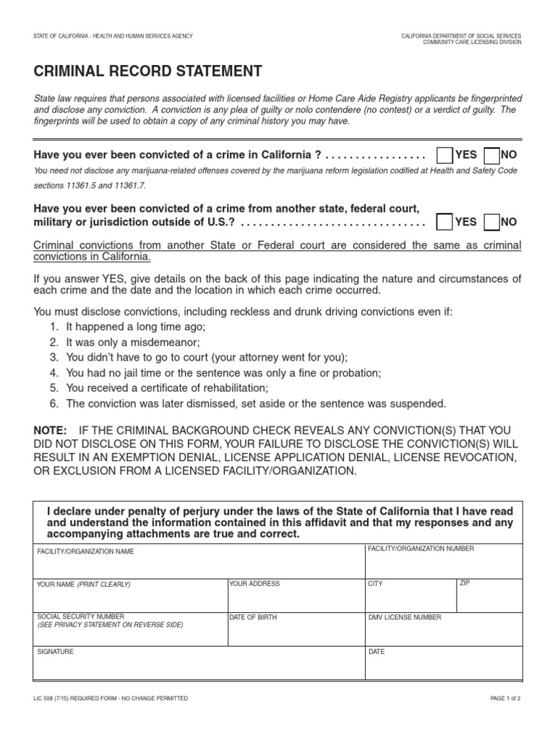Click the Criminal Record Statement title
point(148,71)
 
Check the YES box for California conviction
point(445,155)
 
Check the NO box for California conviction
point(491,155)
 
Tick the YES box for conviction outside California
point(445,222)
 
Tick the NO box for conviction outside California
point(491,222)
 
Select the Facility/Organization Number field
point(443,562)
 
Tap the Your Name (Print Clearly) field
point(130,596)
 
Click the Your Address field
point(296,596)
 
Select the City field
point(410,596)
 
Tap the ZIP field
point(489,596)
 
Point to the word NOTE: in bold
point(50,430)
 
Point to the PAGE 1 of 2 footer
point(499,699)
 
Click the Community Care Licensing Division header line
point(472,42)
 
